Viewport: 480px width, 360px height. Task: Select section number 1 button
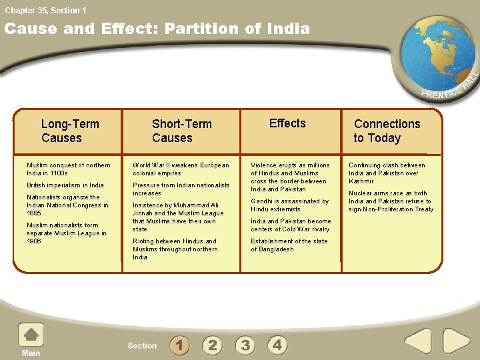point(179,345)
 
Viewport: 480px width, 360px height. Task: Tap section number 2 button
point(212,345)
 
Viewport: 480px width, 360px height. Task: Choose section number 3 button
point(245,345)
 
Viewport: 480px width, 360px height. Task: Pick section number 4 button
point(277,345)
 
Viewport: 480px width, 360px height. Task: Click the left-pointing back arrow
point(418,341)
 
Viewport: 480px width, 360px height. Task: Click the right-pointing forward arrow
point(456,341)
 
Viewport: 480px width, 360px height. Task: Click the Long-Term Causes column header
point(69,131)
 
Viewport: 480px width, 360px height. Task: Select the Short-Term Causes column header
point(181,131)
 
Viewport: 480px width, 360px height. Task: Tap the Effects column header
point(287,123)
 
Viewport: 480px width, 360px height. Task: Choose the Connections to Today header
point(387,131)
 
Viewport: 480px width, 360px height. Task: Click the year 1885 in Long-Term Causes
point(34,213)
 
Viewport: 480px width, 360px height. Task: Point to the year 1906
point(34,241)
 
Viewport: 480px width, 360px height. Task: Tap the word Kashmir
point(361,181)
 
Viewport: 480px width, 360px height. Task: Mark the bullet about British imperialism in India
point(65,185)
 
